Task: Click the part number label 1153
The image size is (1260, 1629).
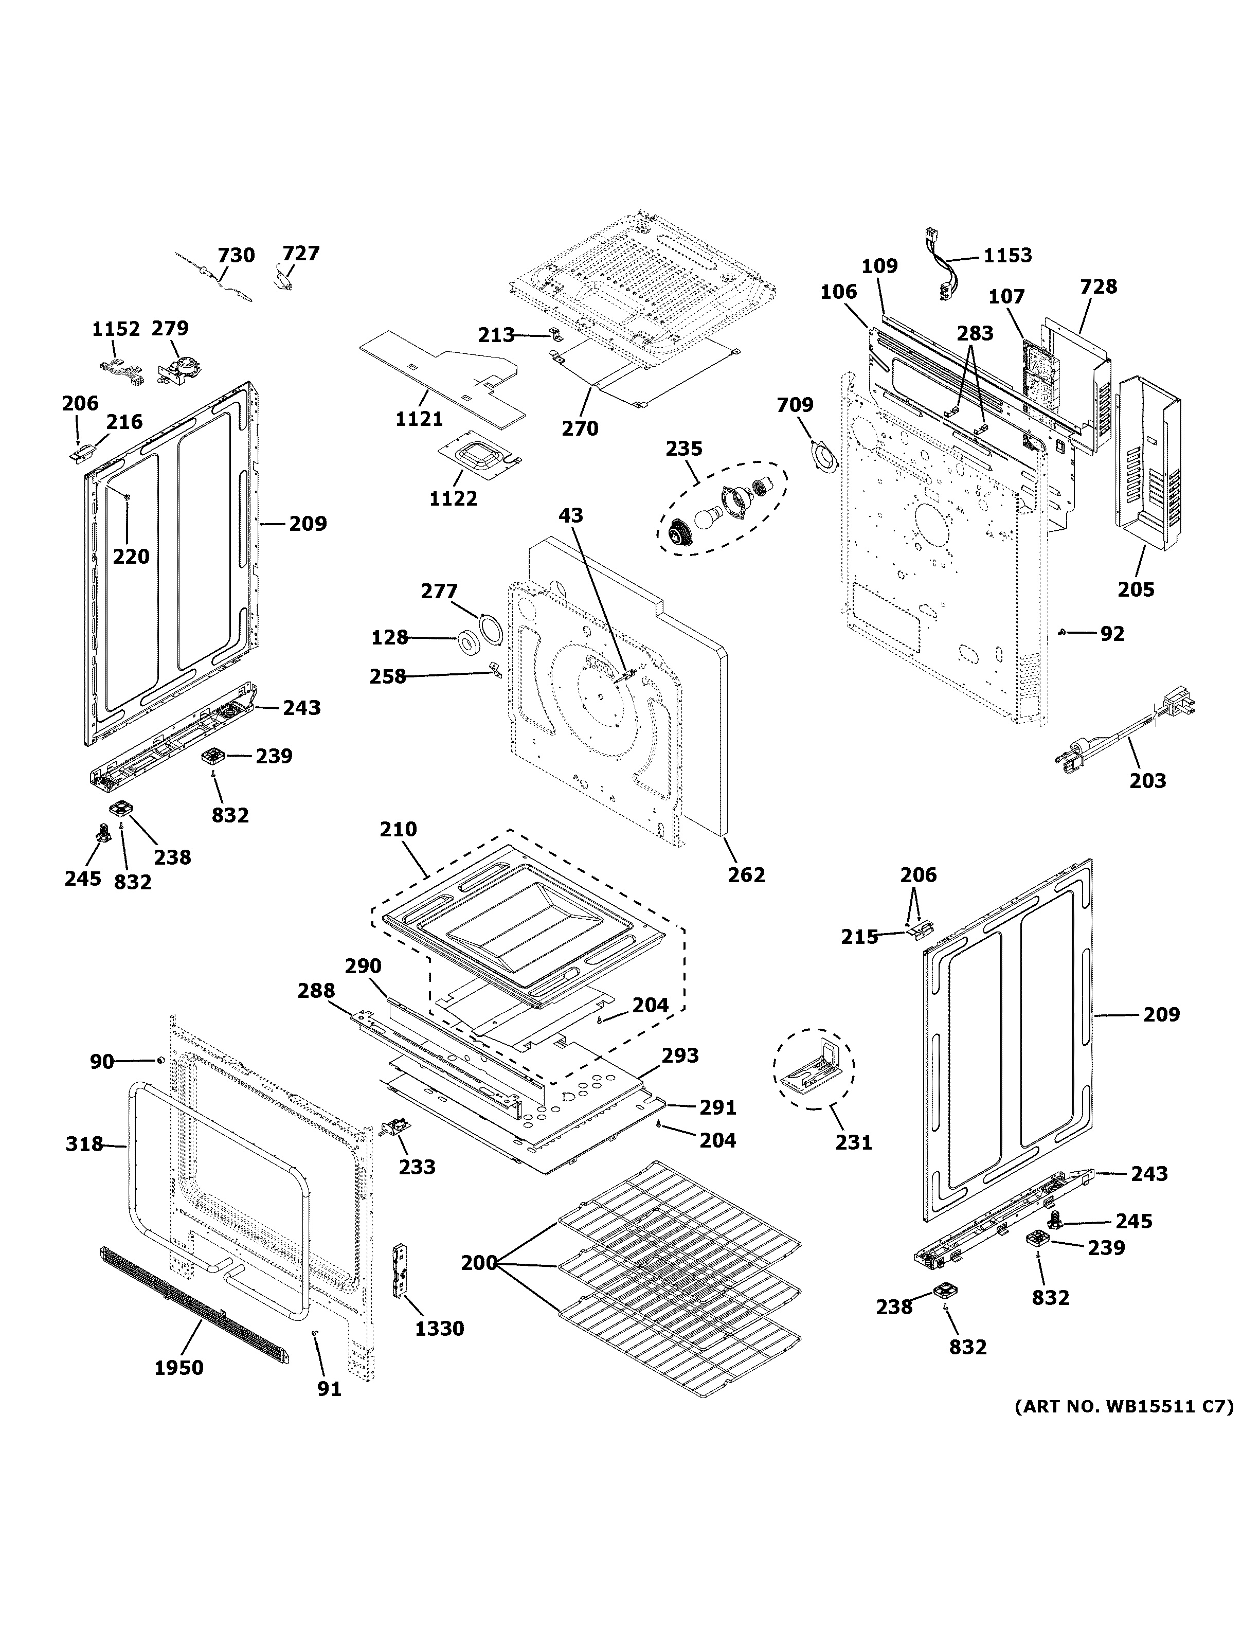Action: click(x=1007, y=256)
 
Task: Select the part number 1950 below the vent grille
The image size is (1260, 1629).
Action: click(x=179, y=1367)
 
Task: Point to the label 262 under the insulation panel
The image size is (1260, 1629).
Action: click(x=746, y=874)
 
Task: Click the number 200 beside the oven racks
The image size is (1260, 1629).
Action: click(x=479, y=1263)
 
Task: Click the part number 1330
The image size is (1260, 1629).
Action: click(x=439, y=1329)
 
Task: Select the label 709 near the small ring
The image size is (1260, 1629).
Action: click(x=795, y=405)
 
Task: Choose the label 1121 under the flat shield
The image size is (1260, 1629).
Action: click(x=419, y=419)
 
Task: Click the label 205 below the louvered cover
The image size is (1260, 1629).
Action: click(x=1136, y=589)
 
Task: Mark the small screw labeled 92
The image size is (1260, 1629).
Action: click(x=1061, y=633)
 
